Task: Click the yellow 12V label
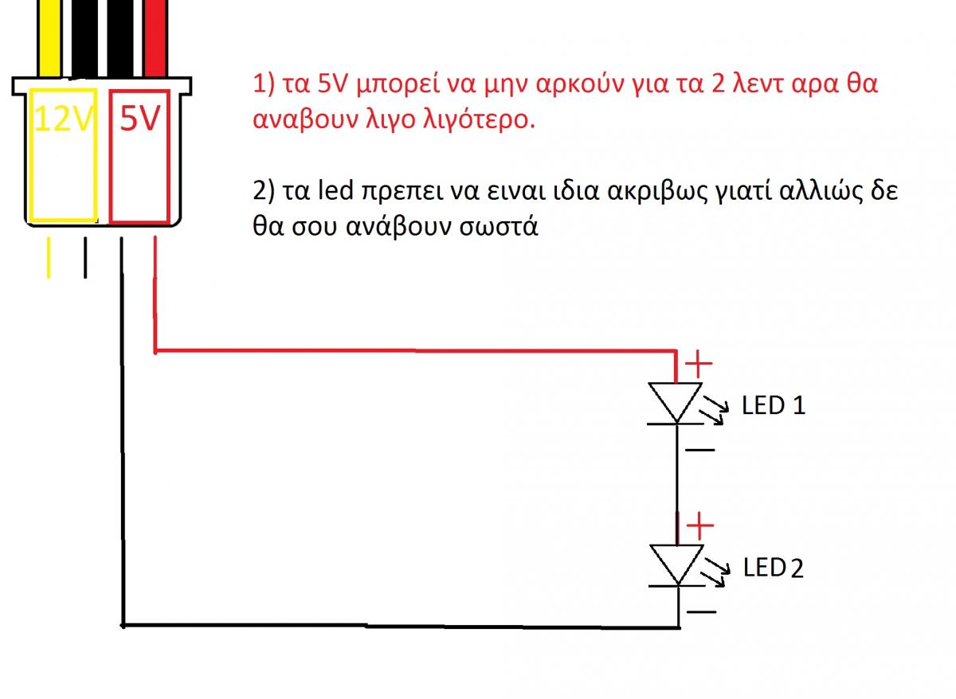click(x=63, y=118)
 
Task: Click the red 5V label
click(x=139, y=118)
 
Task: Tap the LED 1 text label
click(x=773, y=405)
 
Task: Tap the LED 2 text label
click(x=773, y=568)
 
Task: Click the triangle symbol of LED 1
click(x=675, y=402)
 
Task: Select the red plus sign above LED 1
click(x=698, y=363)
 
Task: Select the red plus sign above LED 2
click(x=699, y=526)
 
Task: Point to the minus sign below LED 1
click(x=700, y=450)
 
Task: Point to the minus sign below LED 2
click(x=701, y=611)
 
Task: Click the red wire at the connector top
click(x=155, y=38)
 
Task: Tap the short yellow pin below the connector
click(x=49, y=258)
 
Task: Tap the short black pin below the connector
click(x=85, y=258)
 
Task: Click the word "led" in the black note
click(x=336, y=190)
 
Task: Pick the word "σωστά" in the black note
click(x=499, y=225)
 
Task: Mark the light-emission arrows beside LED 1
click(x=714, y=410)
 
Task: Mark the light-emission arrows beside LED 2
click(x=715, y=572)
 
